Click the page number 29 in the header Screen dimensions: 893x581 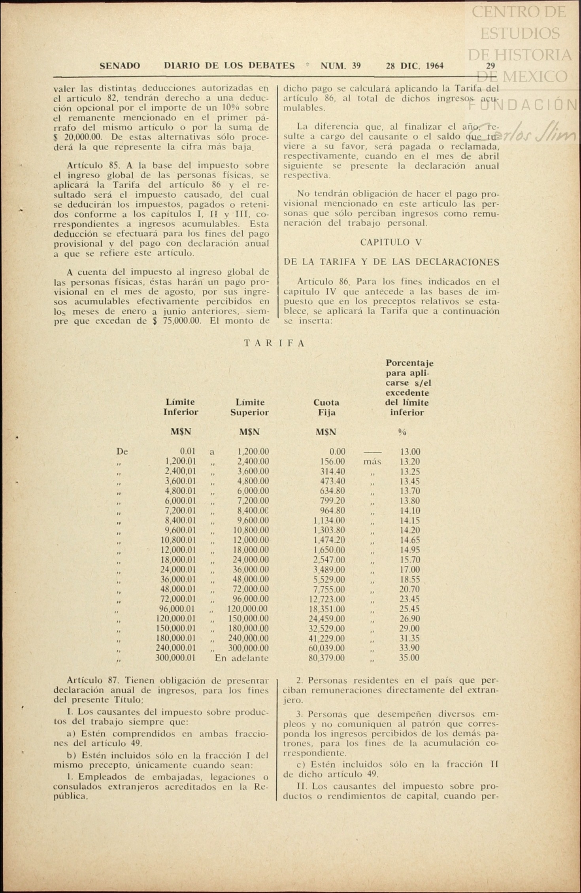click(x=490, y=66)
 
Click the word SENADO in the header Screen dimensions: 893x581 click(x=120, y=66)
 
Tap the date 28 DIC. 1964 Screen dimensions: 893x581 click(x=415, y=66)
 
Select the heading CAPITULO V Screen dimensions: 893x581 click(x=391, y=242)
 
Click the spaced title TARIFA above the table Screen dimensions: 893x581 click(x=274, y=343)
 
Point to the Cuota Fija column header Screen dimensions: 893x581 click(x=326, y=407)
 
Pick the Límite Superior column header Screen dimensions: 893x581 click(x=250, y=407)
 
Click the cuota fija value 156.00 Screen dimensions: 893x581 click(x=332, y=461)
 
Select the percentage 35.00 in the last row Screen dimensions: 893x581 click(x=409, y=658)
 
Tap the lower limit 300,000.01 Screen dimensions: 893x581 click(x=176, y=658)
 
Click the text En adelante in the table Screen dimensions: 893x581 click(x=241, y=658)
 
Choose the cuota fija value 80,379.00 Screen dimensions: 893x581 click(x=326, y=658)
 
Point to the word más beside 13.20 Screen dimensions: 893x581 click(x=372, y=461)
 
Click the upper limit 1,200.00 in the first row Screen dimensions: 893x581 click(x=253, y=451)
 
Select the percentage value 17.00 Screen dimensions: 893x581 click(x=409, y=570)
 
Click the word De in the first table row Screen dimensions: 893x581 click(x=122, y=451)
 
